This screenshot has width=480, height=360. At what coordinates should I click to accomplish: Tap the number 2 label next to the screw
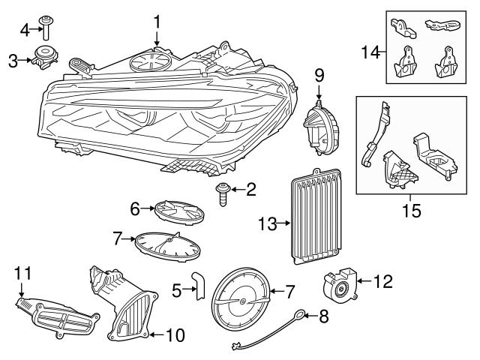coord(250,190)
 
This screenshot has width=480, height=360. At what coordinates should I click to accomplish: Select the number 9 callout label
coord(319,75)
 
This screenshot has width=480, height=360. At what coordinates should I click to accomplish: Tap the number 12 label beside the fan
coord(382,282)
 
